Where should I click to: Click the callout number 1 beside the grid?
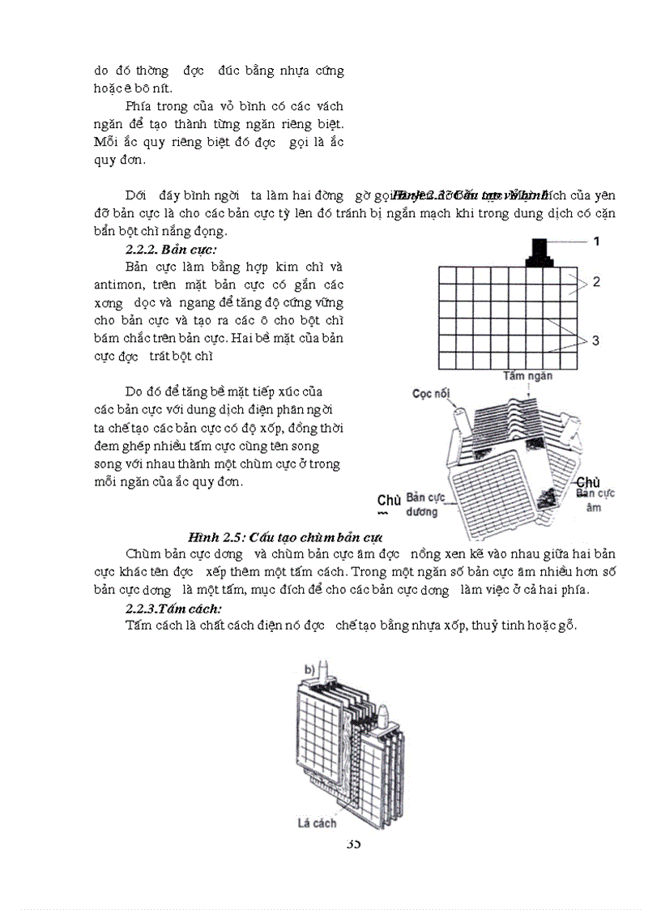(596, 241)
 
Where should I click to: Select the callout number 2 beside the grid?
(595, 282)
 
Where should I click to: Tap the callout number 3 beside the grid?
(595, 340)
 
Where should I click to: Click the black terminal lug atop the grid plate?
(538, 253)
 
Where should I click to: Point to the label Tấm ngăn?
(527, 376)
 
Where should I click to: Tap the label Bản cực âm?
(595, 500)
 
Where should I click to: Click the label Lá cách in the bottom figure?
(316, 823)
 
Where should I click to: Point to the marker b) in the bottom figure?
(309, 669)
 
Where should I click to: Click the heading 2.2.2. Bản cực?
(171, 249)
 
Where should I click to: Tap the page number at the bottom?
(353, 844)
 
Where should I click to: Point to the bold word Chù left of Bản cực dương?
(389, 501)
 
